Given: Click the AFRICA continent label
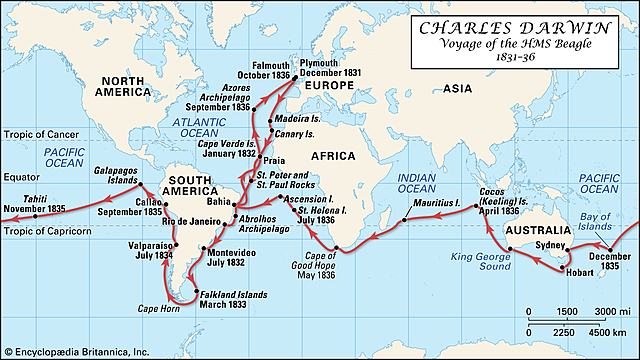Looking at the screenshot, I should coord(343,157).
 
